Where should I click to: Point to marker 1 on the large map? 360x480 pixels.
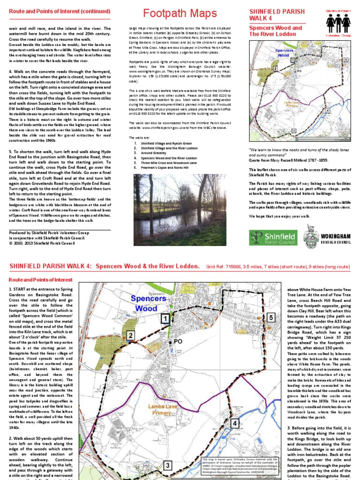(165, 319)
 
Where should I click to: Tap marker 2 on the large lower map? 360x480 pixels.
(131, 335)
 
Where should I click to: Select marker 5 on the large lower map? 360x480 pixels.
(271, 318)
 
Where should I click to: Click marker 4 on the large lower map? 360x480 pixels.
(234, 423)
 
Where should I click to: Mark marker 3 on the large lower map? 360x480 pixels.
(167, 465)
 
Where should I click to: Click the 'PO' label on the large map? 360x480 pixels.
(178, 342)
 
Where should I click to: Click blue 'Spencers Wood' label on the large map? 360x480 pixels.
(148, 303)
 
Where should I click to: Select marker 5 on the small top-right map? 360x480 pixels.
(345, 60)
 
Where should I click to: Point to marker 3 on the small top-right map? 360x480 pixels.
(293, 131)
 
